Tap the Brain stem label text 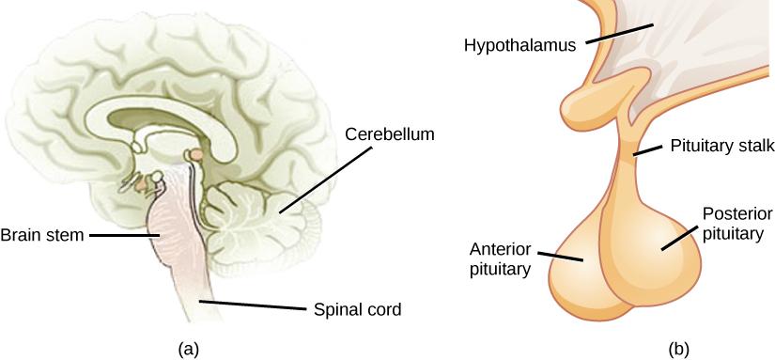[x=42, y=235]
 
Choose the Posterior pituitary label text [x=734, y=221]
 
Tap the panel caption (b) [x=678, y=348]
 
